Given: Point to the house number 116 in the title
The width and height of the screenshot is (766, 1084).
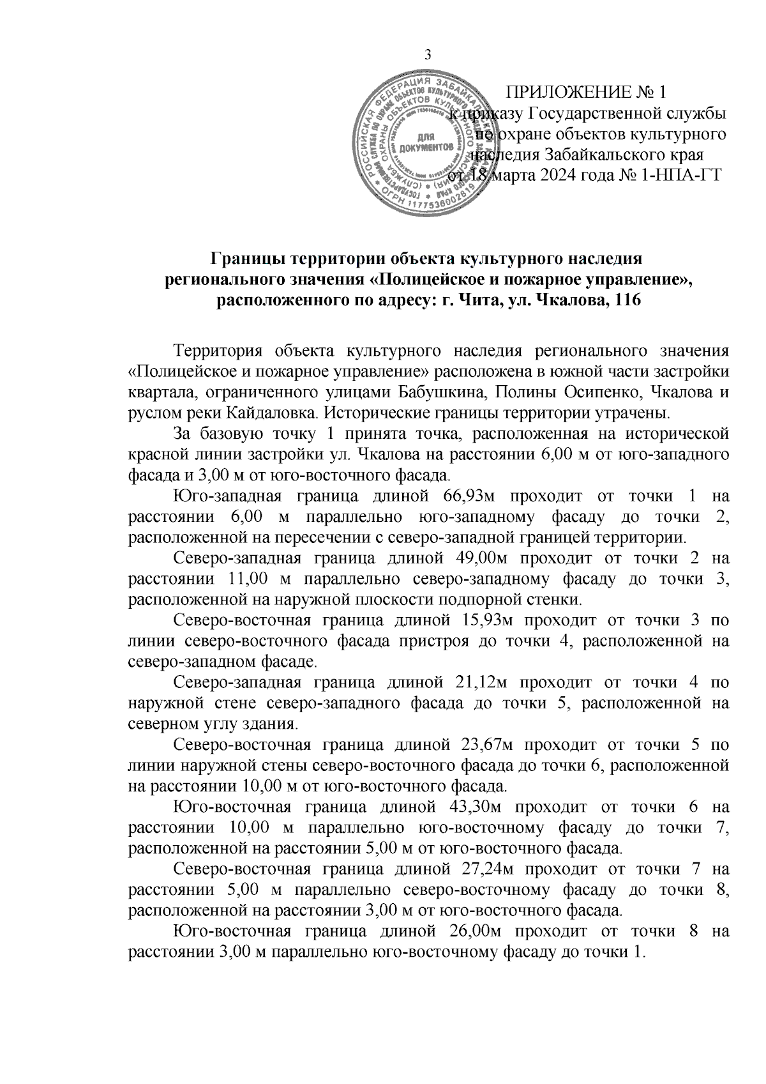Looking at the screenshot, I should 627,301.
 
